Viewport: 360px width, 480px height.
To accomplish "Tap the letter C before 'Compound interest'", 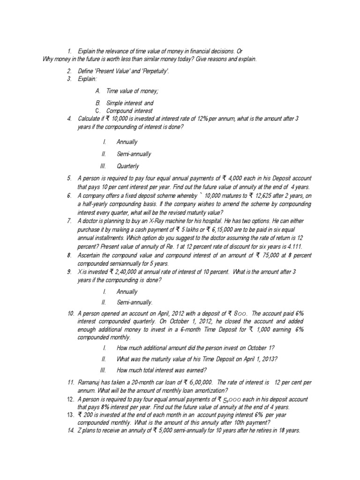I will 97,111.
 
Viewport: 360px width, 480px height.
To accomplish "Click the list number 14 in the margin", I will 70,431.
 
